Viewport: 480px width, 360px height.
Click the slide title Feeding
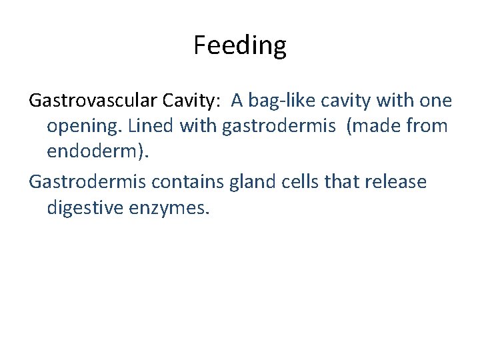240,45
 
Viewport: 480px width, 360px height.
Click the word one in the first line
436,101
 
